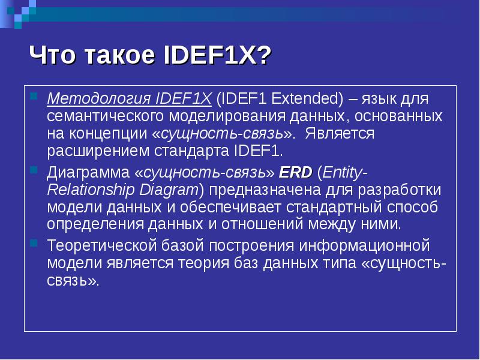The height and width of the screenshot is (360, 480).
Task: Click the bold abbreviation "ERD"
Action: click(x=296, y=173)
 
